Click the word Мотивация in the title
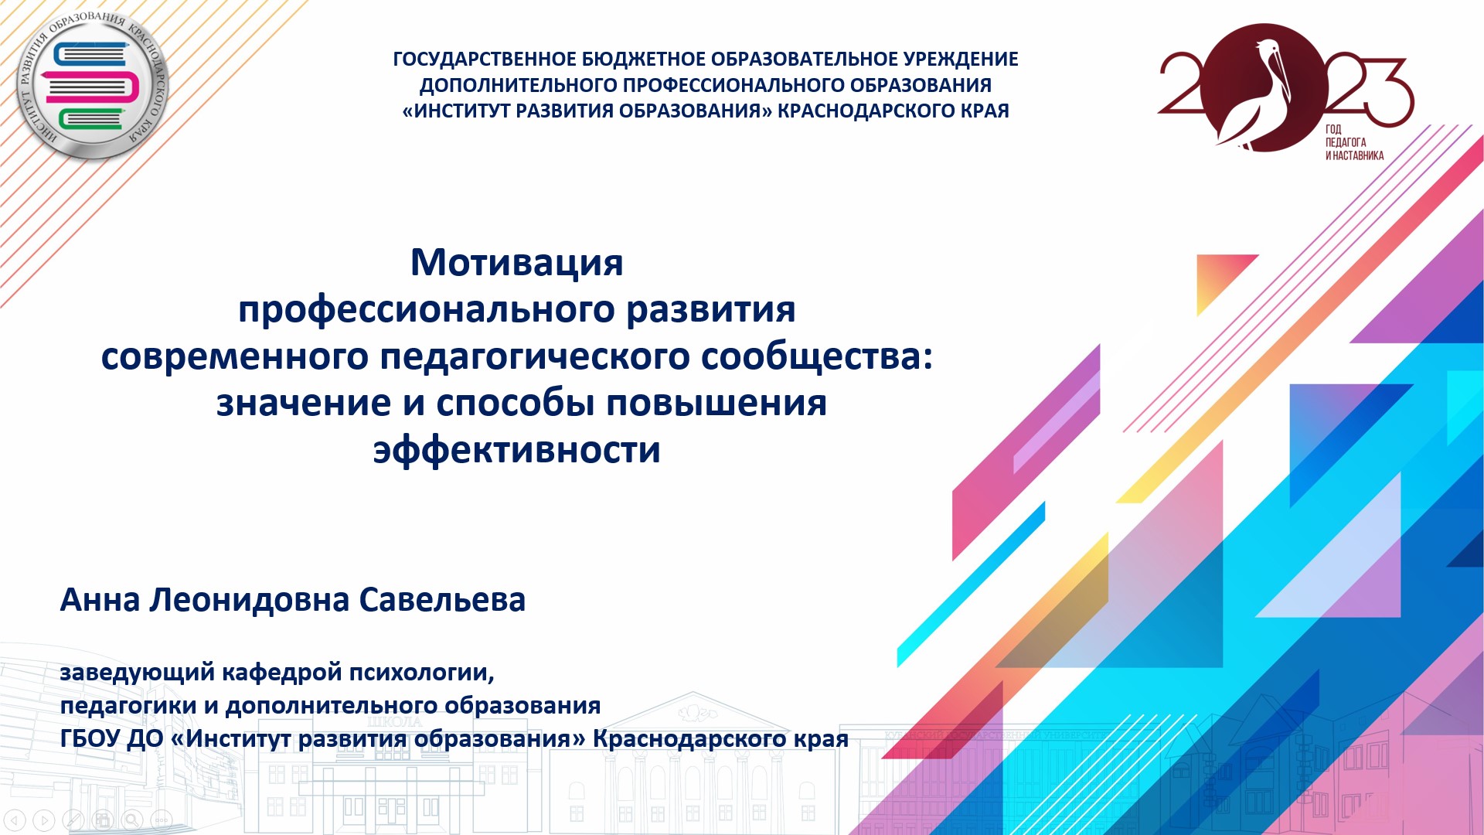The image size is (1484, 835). (x=516, y=262)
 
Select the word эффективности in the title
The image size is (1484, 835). (x=516, y=450)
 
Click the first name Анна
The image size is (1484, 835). (x=100, y=600)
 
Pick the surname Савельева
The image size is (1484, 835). (x=442, y=600)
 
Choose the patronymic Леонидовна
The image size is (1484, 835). (x=249, y=600)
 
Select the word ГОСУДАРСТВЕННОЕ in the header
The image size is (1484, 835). (x=485, y=60)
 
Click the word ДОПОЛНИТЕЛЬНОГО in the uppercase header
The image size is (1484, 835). (x=518, y=85)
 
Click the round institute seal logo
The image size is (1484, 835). (x=93, y=85)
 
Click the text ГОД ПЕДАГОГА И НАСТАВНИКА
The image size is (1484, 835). (x=1354, y=142)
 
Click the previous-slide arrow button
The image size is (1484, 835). (x=15, y=820)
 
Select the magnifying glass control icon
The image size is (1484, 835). (x=132, y=820)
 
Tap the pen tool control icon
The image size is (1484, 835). (x=73, y=820)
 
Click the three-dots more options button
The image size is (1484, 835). (x=162, y=820)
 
